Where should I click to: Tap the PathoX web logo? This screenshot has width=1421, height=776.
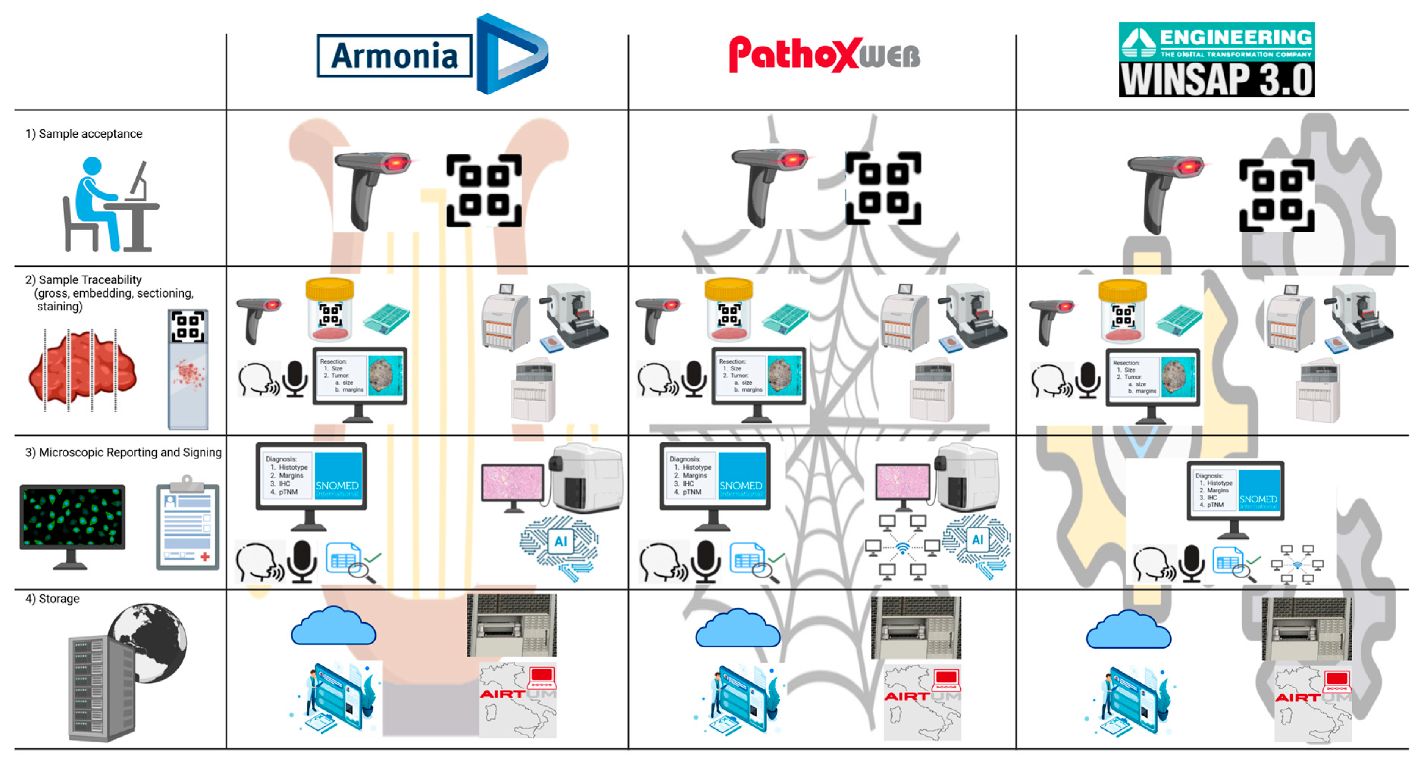(x=824, y=55)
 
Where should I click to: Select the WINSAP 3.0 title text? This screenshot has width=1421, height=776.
(x=1216, y=80)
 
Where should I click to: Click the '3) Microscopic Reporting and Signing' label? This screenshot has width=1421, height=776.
(x=124, y=453)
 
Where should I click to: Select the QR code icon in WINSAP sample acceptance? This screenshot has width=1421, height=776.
(x=1277, y=195)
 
